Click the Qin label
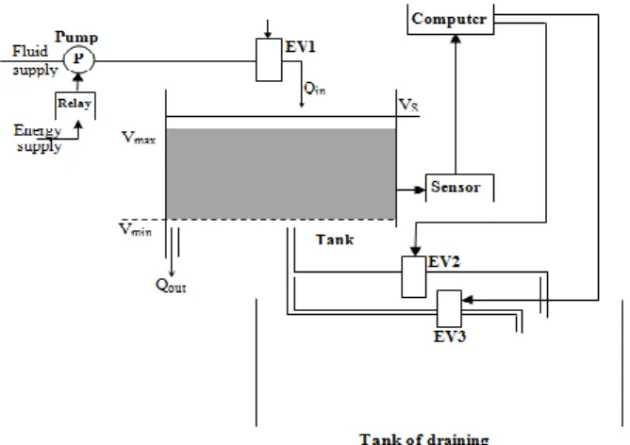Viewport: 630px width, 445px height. click(315, 89)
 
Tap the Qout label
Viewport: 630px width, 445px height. click(171, 286)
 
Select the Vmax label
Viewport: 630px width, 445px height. click(139, 138)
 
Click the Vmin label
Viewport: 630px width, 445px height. click(136, 229)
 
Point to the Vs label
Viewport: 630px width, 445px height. click(408, 105)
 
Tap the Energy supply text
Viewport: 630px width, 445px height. click(38, 139)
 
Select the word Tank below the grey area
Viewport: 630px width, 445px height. click(335, 239)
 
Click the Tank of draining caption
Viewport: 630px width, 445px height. click(424, 438)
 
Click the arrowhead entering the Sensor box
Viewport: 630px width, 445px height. click(421, 190)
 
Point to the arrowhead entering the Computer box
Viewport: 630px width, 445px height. click(456, 39)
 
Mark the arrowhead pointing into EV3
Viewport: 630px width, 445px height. click(468, 300)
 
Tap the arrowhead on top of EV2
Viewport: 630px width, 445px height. click(416, 252)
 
